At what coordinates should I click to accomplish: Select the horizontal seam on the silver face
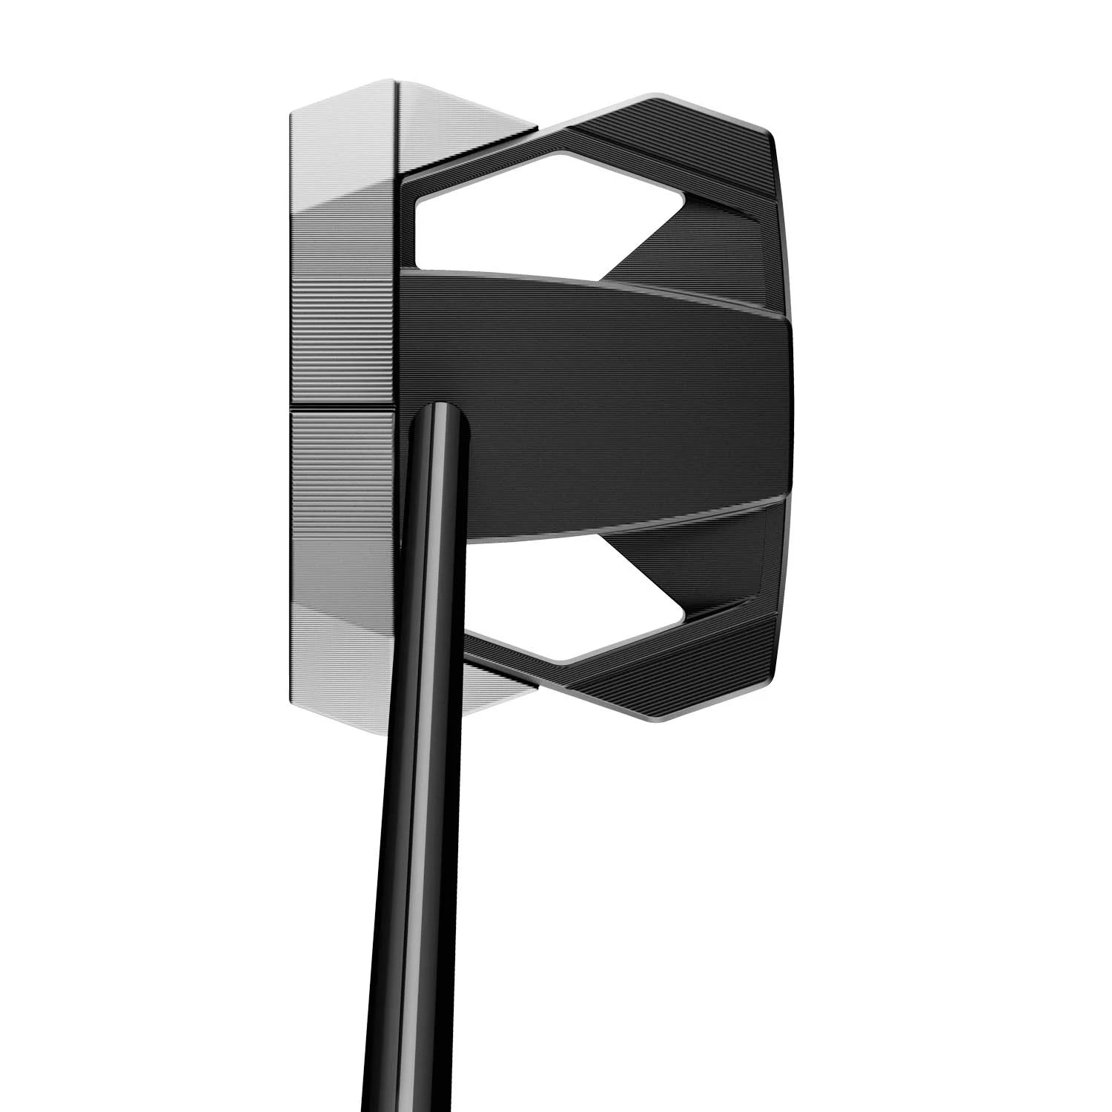pyautogui.click(x=341, y=407)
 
